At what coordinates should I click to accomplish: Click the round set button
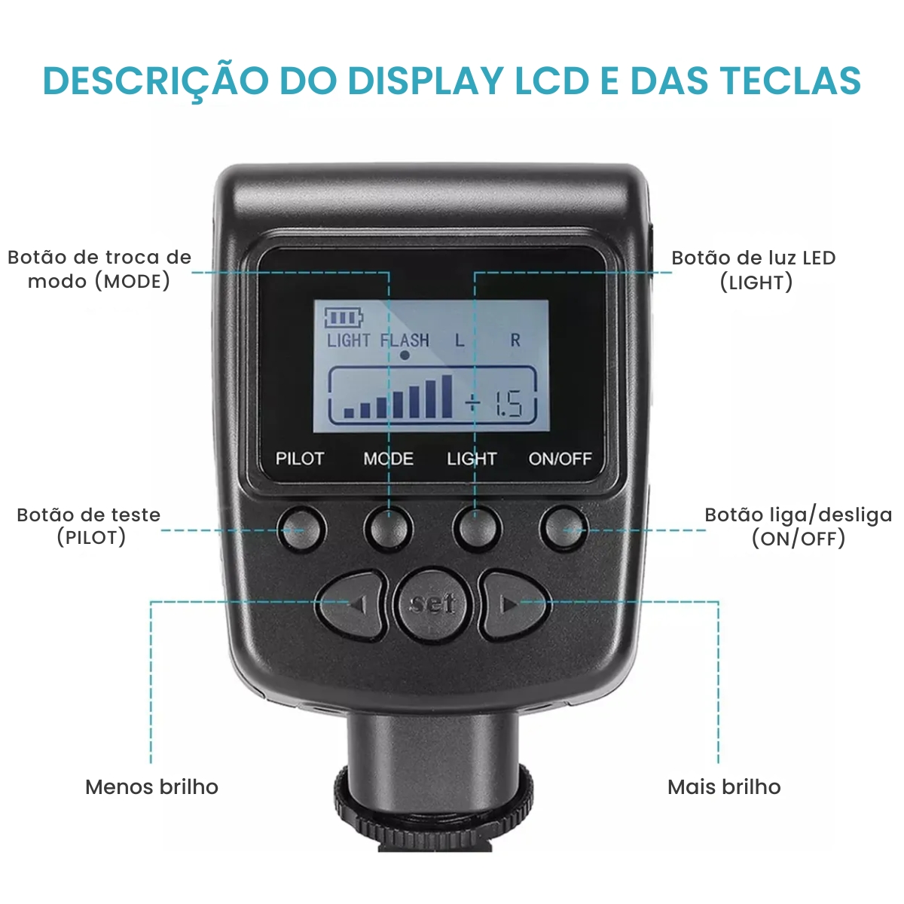[x=432, y=605]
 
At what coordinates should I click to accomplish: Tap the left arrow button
[x=353, y=605]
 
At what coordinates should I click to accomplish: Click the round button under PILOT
[x=301, y=529]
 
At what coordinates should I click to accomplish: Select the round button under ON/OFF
[x=564, y=529]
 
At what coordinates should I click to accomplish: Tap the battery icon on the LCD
[x=344, y=318]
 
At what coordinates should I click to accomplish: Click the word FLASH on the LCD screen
[x=405, y=340]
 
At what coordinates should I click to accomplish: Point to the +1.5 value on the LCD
[x=493, y=404]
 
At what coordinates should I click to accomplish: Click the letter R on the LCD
[x=515, y=340]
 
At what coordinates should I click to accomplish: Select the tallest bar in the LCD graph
[x=447, y=396]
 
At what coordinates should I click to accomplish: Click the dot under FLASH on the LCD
[x=405, y=356]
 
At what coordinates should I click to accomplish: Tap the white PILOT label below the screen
[x=299, y=458]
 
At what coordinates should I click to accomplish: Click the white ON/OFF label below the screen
[x=560, y=458]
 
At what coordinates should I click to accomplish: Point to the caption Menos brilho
[x=151, y=786]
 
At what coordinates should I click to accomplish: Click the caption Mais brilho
[x=724, y=786]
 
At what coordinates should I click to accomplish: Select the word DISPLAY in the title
[x=426, y=81]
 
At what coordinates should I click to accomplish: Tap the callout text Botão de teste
[x=89, y=515]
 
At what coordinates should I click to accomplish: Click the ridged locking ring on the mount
[x=433, y=808]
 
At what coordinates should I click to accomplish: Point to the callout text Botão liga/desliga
[x=798, y=515]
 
